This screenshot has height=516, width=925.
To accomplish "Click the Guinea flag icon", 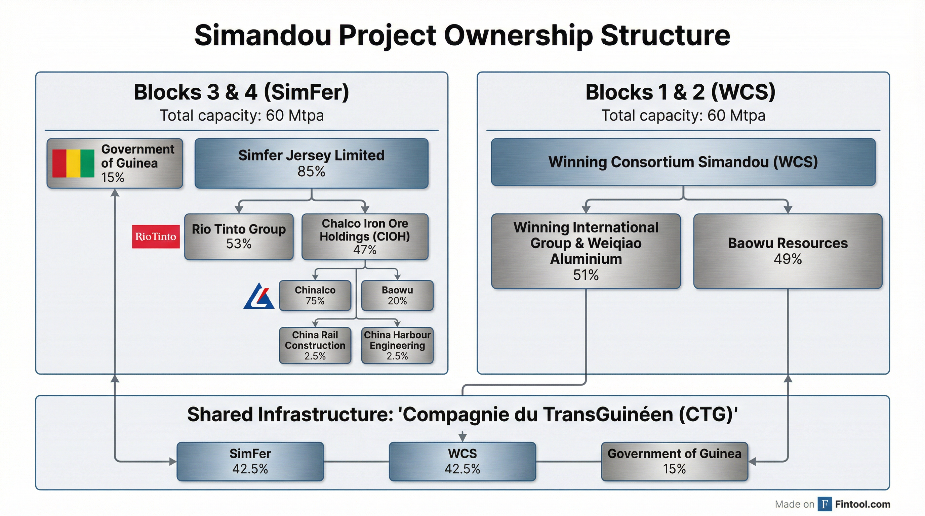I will click(73, 163).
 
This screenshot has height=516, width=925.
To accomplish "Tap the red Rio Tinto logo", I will click(156, 236).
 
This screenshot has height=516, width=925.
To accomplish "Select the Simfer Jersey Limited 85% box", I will click(311, 163).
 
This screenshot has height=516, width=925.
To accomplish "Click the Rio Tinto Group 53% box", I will click(239, 236).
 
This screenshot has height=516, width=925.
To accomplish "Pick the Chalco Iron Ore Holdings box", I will click(365, 236).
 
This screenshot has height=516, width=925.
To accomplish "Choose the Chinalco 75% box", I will click(315, 295).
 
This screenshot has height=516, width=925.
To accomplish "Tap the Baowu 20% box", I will click(397, 295).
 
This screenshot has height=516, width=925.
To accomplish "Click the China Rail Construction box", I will click(315, 345).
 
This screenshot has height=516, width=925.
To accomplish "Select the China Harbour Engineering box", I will click(397, 345).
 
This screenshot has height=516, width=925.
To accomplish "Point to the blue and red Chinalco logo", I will click(259, 296).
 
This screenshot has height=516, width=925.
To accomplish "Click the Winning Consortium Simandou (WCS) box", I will click(683, 162).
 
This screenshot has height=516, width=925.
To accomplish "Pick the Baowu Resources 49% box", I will click(788, 251).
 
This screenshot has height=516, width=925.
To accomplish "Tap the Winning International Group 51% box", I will click(586, 251).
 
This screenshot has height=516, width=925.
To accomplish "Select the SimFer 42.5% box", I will click(250, 461).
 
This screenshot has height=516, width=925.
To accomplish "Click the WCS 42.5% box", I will click(462, 461).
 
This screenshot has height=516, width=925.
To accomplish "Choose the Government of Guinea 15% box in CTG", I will click(674, 461).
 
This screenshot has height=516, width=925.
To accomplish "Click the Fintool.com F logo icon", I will click(825, 504).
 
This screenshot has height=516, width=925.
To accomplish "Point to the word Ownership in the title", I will click(518, 36).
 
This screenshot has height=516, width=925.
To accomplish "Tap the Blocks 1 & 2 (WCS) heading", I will click(680, 92).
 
